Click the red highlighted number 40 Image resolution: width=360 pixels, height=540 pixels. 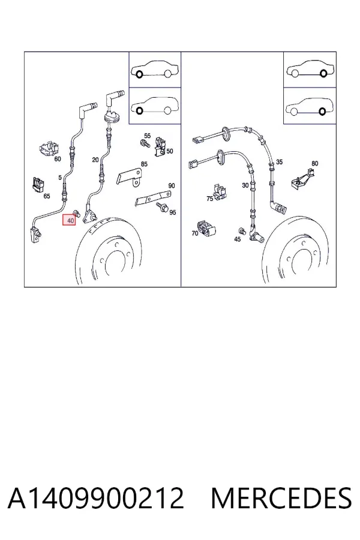pyautogui.click(x=71, y=220)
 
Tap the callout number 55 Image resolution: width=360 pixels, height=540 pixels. pyautogui.click(x=148, y=136)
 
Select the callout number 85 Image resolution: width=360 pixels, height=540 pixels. pyautogui.click(x=144, y=164)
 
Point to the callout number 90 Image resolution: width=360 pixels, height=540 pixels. pyautogui.click(x=172, y=185)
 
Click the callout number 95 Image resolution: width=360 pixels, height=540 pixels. pyautogui.click(x=173, y=212)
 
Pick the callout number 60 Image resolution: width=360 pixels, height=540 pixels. pyautogui.click(x=58, y=159)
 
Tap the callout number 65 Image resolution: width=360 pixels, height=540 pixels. pyautogui.click(x=47, y=196)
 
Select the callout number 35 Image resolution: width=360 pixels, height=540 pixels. pyautogui.click(x=280, y=161)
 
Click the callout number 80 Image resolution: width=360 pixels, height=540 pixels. pyautogui.click(x=315, y=163)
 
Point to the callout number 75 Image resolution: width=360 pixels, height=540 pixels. pyautogui.click(x=210, y=199)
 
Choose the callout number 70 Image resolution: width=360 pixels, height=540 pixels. pyautogui.click(x=195, y=233)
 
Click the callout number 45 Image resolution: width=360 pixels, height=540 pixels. pyautogui.click(x=238, y=239)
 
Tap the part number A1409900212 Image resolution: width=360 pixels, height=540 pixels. pyautogui.click(x=96, y=498)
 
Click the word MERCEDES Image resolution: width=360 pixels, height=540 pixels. pyautogui.click(x=281, y=498)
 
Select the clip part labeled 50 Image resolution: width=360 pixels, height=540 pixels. pyautogui.click(x=159, y=147)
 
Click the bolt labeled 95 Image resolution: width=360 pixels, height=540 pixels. pyautogui.click(x=161, y=207)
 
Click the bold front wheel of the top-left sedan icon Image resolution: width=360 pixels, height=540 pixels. pyautogui.click(x=139, y=74)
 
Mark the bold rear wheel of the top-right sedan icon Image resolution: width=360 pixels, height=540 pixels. pyautogui.click(x=323, y=73)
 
